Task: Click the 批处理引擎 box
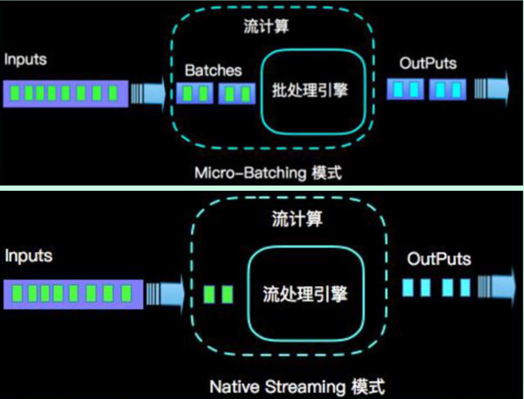point(309,90)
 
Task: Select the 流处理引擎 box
point(305,294)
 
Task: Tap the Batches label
point(213,70)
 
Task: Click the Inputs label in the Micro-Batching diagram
point(26,60)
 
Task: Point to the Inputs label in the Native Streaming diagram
point(28,256)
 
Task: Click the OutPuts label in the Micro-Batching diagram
point(428,63)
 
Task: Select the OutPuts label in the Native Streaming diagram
point(439,260)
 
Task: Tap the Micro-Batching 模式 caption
point(268,173)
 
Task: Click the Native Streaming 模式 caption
point(297,387)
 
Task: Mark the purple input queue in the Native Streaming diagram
point(73,293)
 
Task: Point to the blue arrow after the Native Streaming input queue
point(165,293)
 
